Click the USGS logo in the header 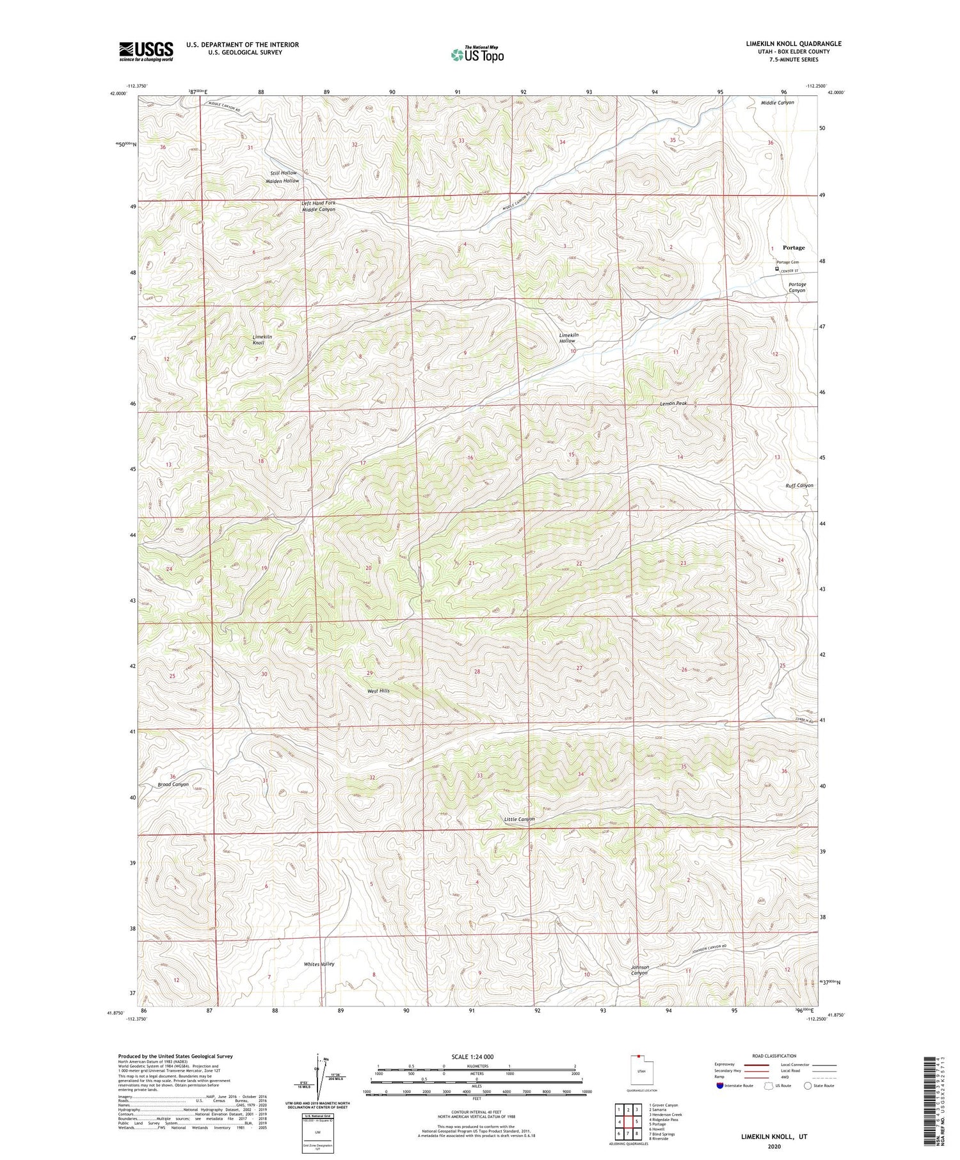pos(146,51)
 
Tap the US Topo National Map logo pos(477,54)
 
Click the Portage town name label pos(794,248)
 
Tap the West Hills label pos(378,691)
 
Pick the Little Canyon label pos(519,819)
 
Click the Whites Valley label pos(319,964)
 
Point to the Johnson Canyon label pos(640,970)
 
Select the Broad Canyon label pos(173,784)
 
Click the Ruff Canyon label pos(799,486)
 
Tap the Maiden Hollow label pos(282,181)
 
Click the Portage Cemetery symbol pos(777,269)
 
